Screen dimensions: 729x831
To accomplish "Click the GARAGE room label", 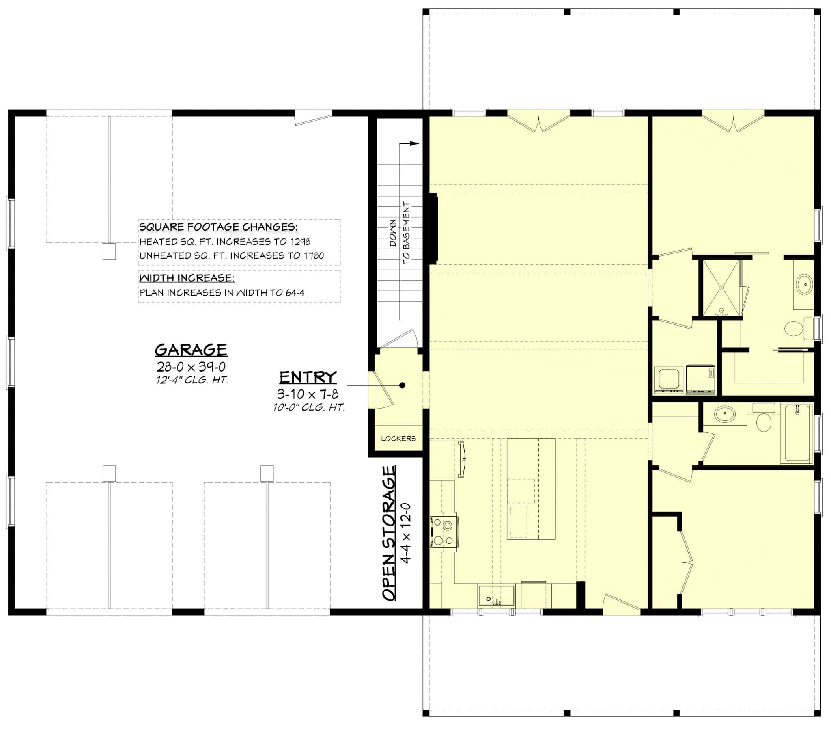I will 191,349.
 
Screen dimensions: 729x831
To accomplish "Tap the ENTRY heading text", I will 308,377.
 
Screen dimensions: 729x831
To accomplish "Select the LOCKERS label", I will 398,439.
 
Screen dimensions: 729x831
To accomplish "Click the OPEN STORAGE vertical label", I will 389,533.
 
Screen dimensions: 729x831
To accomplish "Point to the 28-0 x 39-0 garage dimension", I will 191,367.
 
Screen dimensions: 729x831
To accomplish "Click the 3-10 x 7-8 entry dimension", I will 308,394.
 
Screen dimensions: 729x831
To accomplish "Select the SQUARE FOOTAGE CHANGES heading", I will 218,227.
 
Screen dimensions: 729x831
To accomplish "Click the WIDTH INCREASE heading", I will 187,278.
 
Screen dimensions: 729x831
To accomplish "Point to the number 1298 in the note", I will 300,242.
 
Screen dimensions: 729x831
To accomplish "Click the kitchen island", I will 531,489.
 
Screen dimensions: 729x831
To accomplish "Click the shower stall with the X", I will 721,288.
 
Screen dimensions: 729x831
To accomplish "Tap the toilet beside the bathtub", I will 764,422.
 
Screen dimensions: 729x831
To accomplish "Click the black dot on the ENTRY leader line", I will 402,385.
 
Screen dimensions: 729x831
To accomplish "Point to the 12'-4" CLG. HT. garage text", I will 192,381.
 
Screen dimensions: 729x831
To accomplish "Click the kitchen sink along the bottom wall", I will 496,596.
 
